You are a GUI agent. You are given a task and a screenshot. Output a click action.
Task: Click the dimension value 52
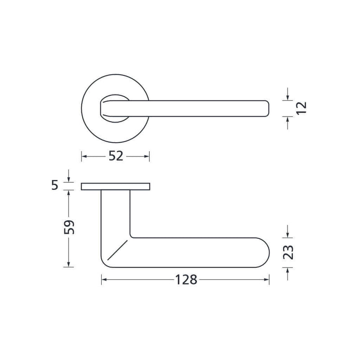116,156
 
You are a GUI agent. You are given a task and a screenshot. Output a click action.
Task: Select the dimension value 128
186,279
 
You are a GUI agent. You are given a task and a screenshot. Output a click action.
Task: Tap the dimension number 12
301,108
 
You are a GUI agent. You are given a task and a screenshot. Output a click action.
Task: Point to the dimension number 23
288,252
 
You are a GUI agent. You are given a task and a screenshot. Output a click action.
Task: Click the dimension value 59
69,227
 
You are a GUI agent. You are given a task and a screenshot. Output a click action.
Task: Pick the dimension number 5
55,185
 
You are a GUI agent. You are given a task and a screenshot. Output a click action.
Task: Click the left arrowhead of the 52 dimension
84,156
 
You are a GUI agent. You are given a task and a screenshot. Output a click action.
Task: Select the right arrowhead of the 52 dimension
147,156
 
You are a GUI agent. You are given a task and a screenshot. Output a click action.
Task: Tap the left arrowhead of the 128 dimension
104,279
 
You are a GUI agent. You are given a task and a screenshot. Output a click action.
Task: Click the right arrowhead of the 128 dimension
266,279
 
